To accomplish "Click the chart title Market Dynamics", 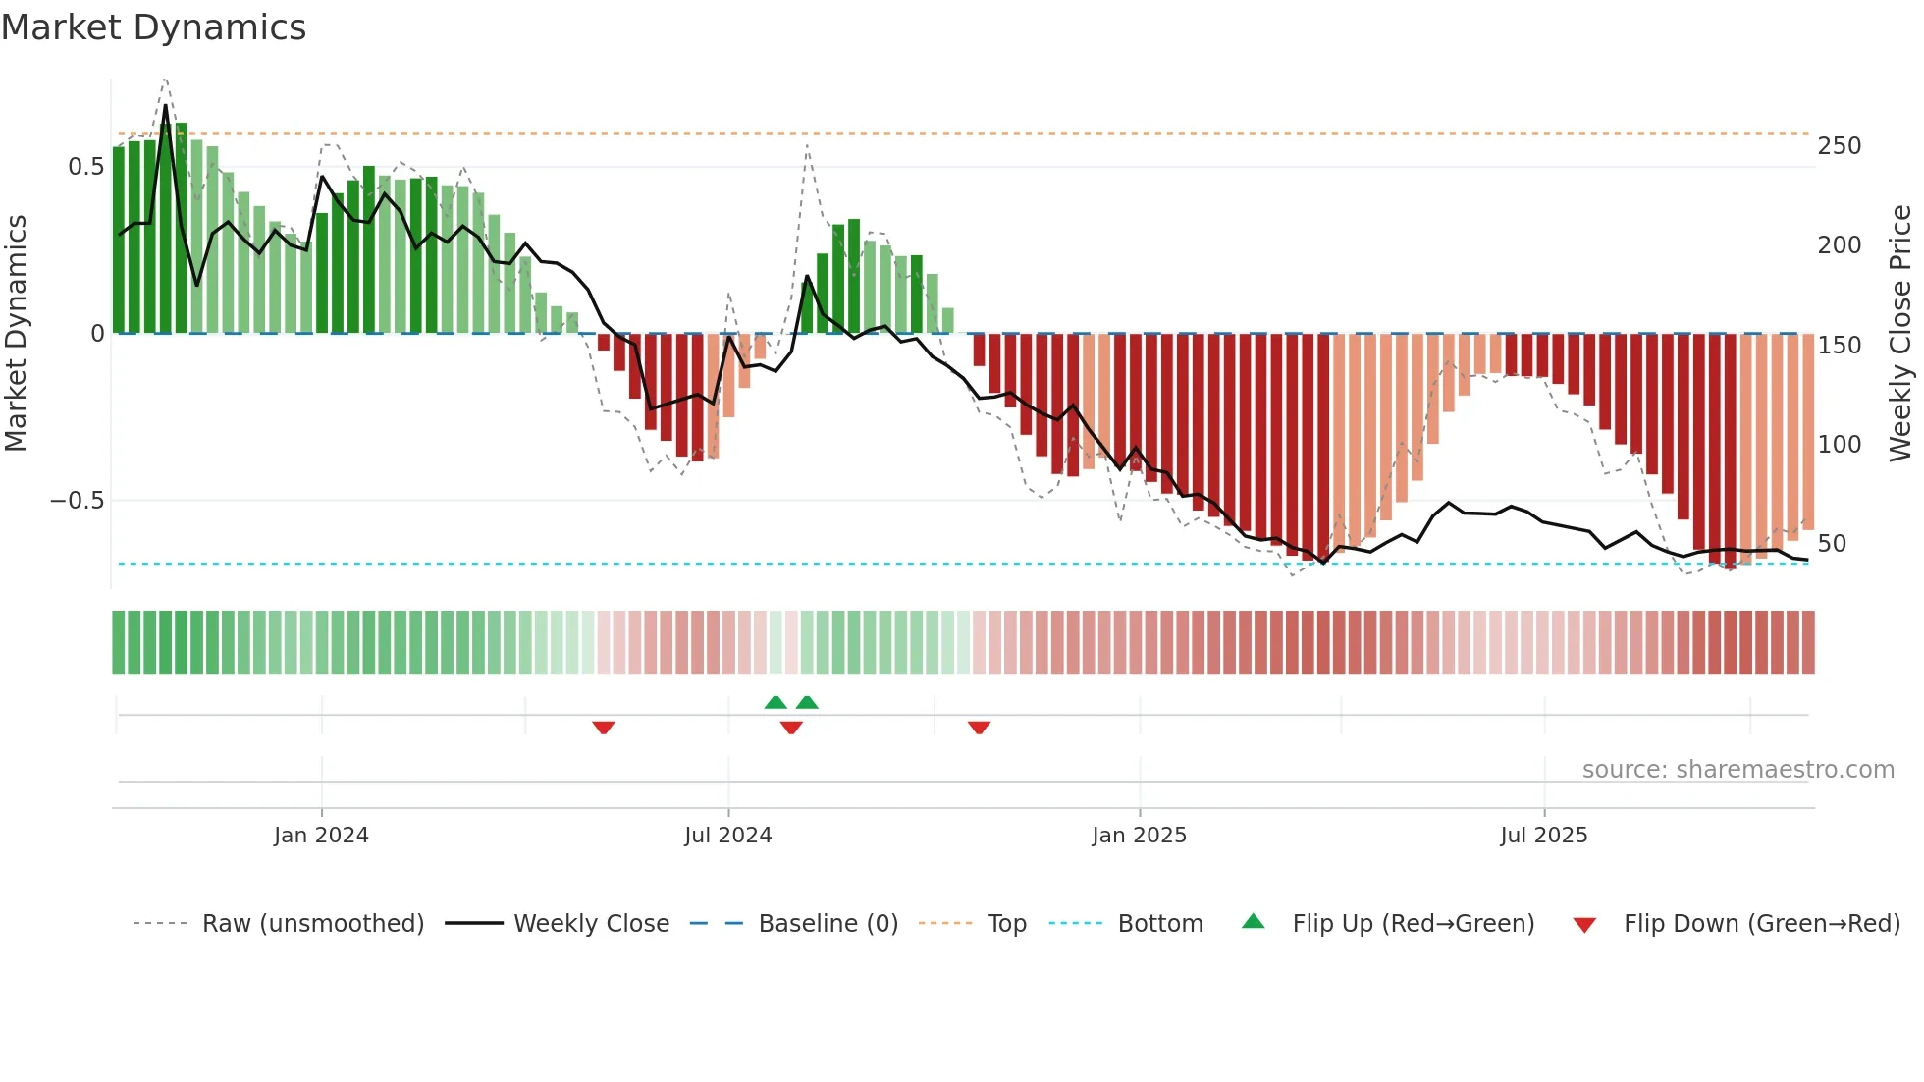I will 153,27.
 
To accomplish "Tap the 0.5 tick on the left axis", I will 85,167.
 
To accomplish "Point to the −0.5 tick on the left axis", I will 77,501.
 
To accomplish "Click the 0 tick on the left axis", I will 97,334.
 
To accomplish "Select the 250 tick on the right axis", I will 1839,146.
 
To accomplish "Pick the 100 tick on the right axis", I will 1839,445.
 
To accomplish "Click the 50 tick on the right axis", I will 1832,544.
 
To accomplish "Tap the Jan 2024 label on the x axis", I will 321,836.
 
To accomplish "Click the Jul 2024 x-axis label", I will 727,836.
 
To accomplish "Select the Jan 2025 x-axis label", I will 1139,836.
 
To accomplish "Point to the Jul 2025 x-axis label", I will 1543,836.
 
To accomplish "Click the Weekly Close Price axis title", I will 1900,334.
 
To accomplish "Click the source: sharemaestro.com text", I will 1737,770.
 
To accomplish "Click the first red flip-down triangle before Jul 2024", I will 604,728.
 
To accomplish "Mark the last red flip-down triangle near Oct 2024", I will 979,728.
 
